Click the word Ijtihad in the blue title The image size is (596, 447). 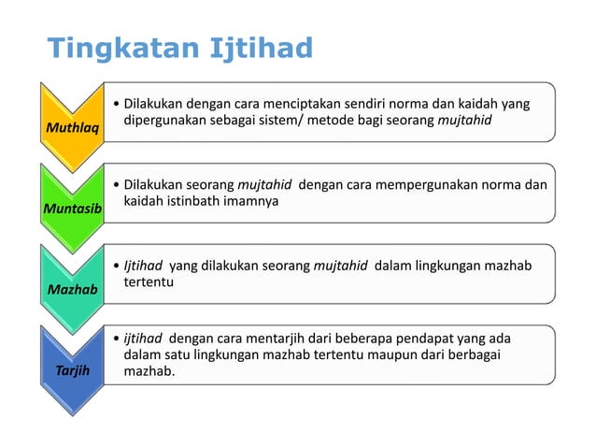click(263, 48)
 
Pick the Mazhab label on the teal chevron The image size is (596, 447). click(72, 290)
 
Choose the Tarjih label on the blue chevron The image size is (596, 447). click(72, 370)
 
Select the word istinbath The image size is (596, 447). click(195, 201)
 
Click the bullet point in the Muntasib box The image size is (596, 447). click(114, 184)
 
